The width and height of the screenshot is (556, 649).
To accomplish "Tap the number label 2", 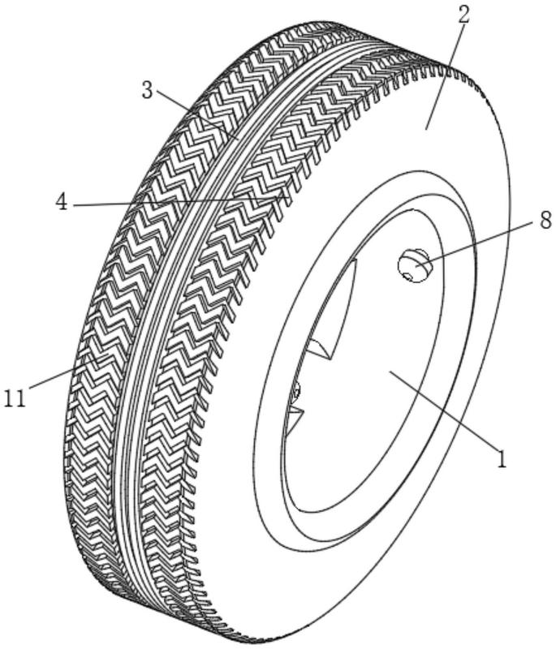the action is [x=463, y=15].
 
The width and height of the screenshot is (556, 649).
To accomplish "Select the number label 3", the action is [x=148, y=91].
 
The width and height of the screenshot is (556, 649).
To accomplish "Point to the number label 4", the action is [x=62, y=203].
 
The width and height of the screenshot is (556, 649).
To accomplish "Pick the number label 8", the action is [x=545, y=220].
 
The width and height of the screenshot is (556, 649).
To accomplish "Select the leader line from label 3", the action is [x=196, y=117].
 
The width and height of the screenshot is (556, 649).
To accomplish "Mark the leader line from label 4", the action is [x=179, y=200].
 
